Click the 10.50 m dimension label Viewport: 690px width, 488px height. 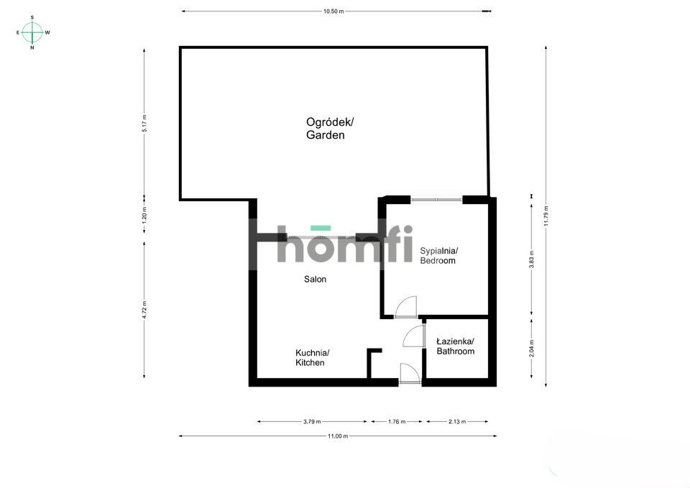(333, 11)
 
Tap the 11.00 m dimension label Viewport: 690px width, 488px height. (338, 436)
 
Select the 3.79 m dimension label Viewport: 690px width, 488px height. (312, 422)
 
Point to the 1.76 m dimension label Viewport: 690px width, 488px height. (397, 422)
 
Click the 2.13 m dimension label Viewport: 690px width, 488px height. (457, 422)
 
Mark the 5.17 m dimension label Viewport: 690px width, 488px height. (144, 123)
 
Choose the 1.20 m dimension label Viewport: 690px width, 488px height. (144, 215)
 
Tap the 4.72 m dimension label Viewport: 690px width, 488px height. (144, 310)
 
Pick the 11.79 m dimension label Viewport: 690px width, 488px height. (546, 216)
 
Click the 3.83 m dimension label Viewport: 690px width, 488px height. (532, 259)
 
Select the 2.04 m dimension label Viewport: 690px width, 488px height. (532, 348)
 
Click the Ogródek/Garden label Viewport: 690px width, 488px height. (330, 128)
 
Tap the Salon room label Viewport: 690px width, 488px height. (315, 279)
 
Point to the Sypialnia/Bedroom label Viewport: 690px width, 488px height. (438, 256)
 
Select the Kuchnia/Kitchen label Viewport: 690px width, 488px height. (313, 358)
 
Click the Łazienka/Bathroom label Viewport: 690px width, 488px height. (456, 346)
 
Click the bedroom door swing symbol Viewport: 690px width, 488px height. (405, 307)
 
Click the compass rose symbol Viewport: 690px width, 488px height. (32, 32)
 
